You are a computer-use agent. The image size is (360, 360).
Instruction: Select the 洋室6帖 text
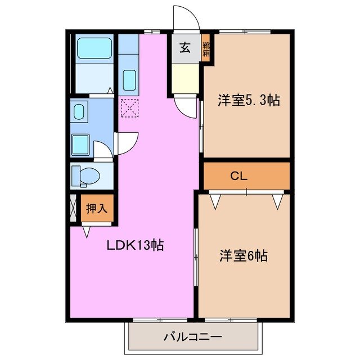(243, 256)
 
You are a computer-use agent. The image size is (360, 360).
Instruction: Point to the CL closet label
(238, 176)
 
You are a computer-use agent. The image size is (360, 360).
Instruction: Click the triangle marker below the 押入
(86, 231)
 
